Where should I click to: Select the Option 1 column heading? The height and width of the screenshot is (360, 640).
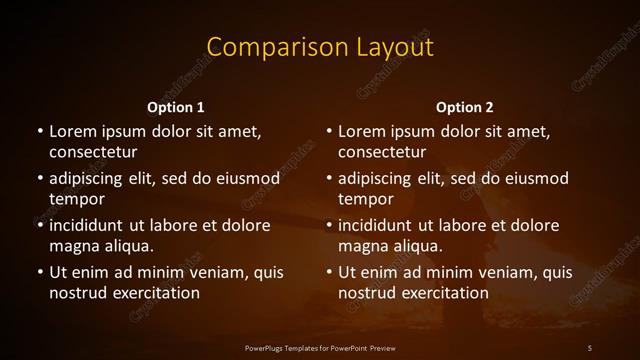coord(175,107)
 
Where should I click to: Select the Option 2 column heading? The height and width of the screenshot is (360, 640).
coord(465,107)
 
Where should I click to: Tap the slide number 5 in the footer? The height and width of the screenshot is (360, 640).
coord(590,347)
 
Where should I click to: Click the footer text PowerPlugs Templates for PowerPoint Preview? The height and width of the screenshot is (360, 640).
coord(319,347)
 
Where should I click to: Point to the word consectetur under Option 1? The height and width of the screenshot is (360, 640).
coord(93,153)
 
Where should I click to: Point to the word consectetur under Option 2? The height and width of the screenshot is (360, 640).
coord(383,153)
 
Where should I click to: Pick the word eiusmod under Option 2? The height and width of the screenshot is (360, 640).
coord(539,179)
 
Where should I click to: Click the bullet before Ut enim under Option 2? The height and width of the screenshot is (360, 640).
coord(328,273)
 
